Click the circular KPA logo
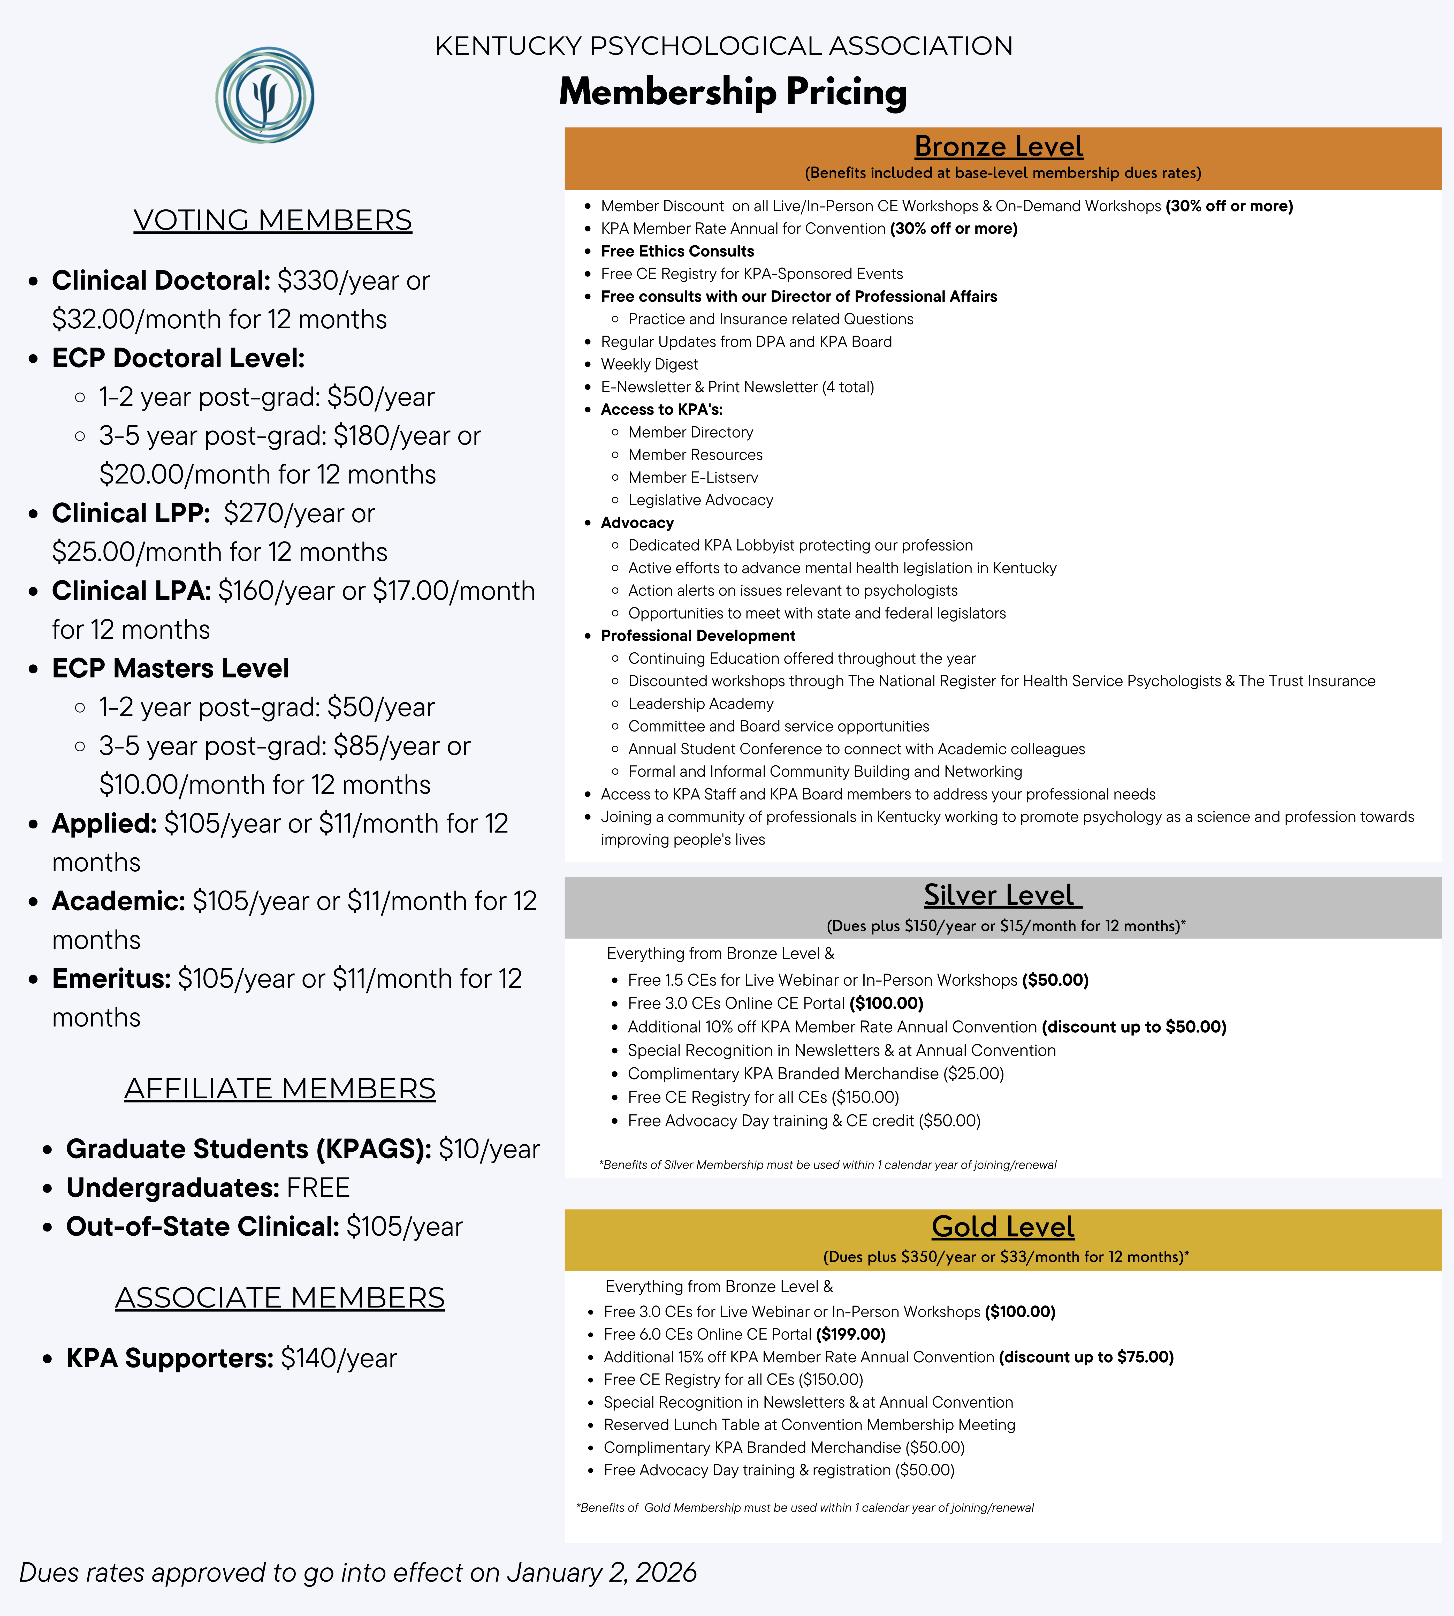click(x=264, y=95)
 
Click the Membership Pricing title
click(x=733, y=92)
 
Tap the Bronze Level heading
click(x=999, y=146)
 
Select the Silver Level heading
click(x=1002, y=895)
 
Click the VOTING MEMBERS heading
click(x=272, y=220)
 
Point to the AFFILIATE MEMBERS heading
click(x=280, y=1089)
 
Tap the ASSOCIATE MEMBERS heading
click(x=280, y=1297)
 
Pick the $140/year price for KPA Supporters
click(x=339, y=1358)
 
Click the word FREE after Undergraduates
click(x=318, y=1188)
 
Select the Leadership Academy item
click(x=701, y=703)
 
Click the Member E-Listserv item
click(x=693, y=477)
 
